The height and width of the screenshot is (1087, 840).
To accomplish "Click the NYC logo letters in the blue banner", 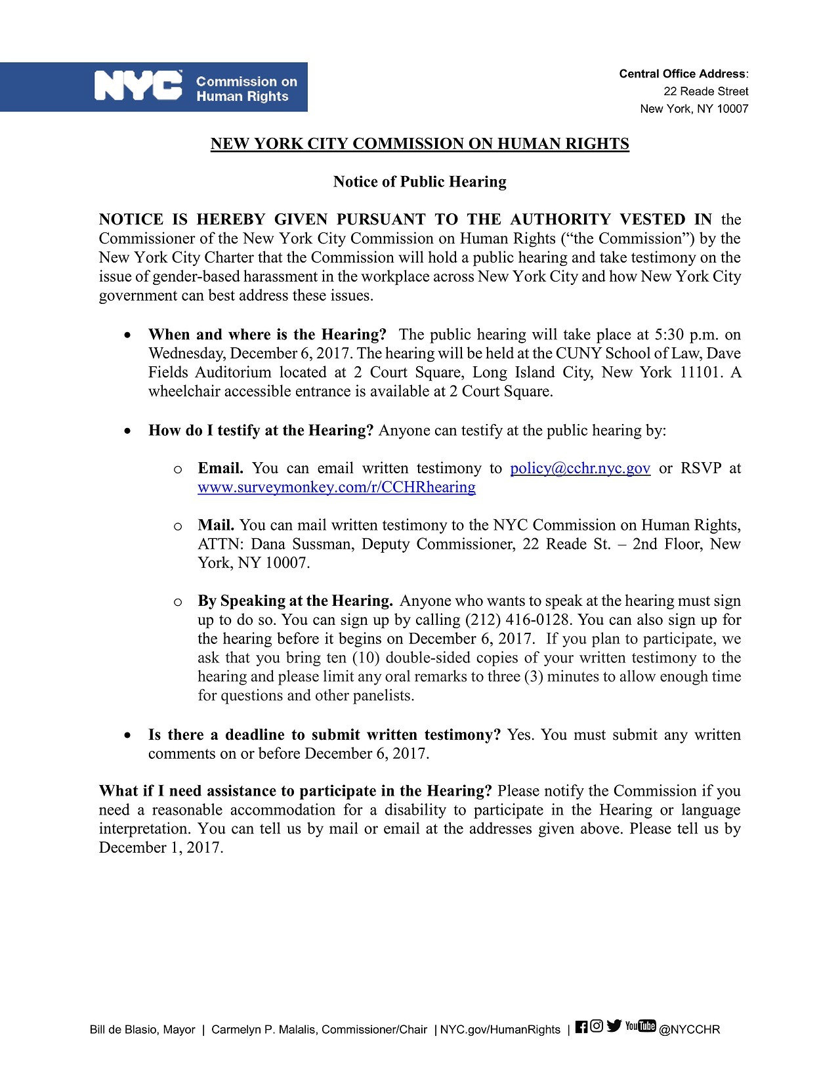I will point(138,86).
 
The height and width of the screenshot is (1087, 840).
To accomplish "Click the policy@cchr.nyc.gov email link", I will point(579,468).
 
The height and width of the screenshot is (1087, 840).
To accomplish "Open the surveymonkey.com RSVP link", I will point(336,487).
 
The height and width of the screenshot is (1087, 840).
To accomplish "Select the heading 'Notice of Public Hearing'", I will point(419,182).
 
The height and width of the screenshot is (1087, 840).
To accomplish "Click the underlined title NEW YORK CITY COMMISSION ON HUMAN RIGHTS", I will point(419,144).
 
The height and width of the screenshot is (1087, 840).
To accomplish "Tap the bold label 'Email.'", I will point(220,468).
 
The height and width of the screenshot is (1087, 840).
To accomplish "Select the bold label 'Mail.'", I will point(216,525).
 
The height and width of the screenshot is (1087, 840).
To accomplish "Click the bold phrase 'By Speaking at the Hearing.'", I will point(295,601).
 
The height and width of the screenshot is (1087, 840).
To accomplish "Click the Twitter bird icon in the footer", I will point(614,1027).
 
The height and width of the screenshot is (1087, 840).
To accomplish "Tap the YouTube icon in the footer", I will point(640,1027).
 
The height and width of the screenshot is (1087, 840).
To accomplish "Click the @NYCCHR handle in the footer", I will point(689,1030).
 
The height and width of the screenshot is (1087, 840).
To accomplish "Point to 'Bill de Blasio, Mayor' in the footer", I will point(142,1030).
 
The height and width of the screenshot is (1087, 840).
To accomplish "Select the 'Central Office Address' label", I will point(682,74).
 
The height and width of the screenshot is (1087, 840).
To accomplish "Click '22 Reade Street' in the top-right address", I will point(705,91).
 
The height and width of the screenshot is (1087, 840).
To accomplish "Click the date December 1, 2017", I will point(160,847).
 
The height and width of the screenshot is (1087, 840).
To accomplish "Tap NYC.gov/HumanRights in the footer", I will point(500,1030).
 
